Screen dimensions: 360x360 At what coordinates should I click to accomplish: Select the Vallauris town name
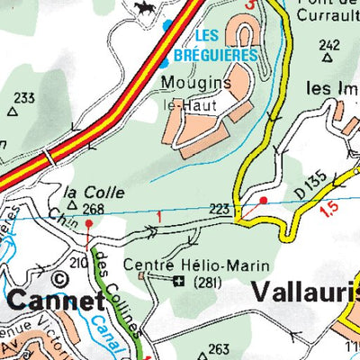pyautogui.click(x=305, y=291)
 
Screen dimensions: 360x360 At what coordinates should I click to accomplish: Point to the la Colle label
pyautogui.click(x=87, y=192)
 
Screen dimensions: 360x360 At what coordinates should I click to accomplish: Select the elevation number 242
pyautogui.click(x=329, y=45)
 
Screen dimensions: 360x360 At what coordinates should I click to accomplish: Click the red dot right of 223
pyautogui.click(x=264, y=200)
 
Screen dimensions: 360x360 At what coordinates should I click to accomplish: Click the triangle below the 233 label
pyautogui.click(x=13, y=112)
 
